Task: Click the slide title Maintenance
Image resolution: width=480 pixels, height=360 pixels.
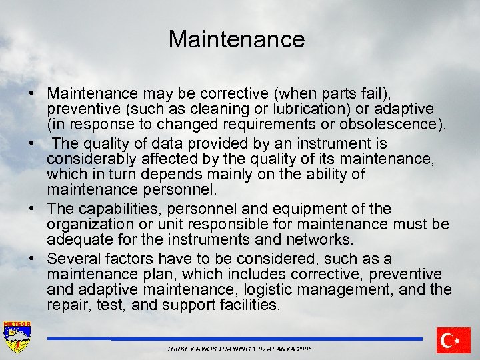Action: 237,39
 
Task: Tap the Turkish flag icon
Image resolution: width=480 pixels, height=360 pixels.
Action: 453,341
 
